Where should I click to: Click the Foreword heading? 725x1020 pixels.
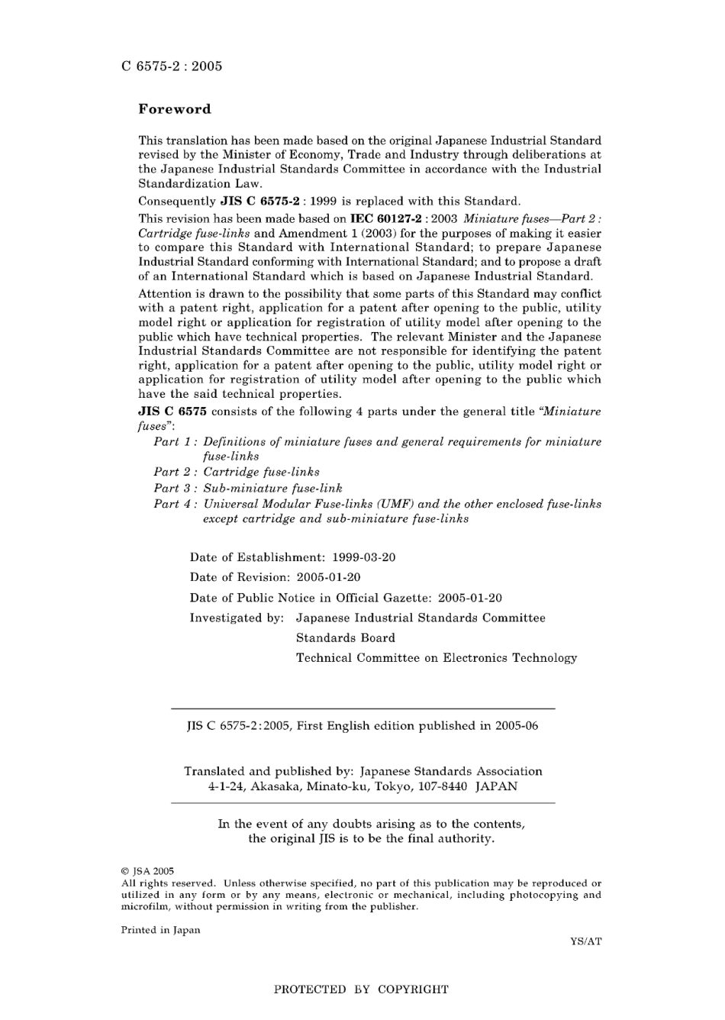174,109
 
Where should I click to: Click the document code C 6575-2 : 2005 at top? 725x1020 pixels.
172,66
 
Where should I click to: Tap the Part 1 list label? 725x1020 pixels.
176,442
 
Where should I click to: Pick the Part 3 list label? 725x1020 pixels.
176,488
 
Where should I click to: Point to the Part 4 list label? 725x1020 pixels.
176,504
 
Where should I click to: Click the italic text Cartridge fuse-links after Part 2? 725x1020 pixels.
261,472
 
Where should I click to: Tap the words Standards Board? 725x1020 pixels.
346,638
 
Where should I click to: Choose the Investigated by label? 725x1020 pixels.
237,618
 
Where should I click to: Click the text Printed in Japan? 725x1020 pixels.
160,930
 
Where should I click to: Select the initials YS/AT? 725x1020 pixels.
585,941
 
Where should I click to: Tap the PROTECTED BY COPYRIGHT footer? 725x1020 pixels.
361,989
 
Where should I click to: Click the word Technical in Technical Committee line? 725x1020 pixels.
324,658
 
